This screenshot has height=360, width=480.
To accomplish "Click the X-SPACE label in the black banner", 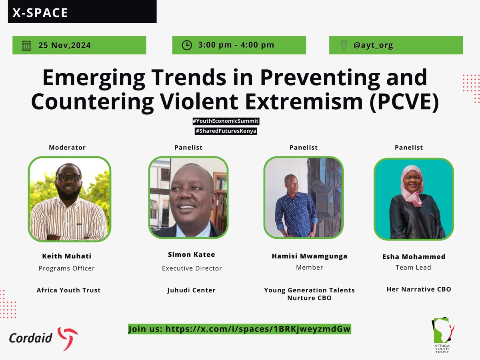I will [x=40, y=13].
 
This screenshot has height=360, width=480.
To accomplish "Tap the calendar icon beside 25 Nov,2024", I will [x=26, y=45].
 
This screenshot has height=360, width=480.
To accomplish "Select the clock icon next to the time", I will [x=187, y=45].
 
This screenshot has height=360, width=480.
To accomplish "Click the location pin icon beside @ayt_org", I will [x=343, y=45].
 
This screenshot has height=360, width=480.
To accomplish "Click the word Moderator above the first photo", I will [x=67, y=148].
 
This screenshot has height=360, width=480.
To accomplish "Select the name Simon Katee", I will [x=192, y=255].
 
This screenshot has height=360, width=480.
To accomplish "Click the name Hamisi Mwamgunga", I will [x=309, y=256].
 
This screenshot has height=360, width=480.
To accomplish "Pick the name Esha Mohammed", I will [x=414, y=257].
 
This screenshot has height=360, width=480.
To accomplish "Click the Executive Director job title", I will [x=192, y=268].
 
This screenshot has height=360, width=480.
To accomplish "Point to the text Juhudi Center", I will [x=192, y=290].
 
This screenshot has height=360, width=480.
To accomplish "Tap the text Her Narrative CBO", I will [x=418, y=289].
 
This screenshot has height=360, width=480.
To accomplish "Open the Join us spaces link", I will [x=239, y=329].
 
